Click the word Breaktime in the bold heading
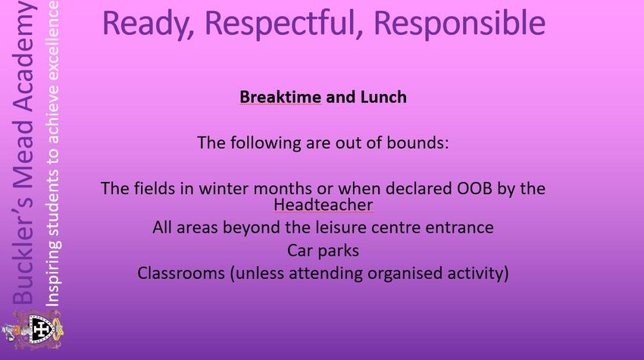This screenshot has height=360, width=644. pos(280,97)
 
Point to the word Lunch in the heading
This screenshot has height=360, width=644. pos(383,97)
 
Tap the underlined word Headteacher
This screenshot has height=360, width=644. pos(324,204)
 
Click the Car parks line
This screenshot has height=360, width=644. pos(324,250)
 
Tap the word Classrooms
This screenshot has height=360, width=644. pos(181,273)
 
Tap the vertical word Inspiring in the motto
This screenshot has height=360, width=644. pos(53,273)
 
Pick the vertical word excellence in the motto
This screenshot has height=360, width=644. pos(53,40)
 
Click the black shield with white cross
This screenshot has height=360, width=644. pos(41,329)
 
